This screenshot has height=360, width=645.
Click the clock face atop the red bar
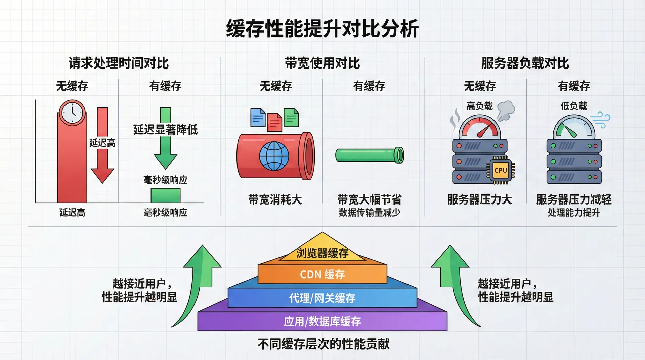(72, 113)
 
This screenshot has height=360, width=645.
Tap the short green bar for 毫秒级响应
(165, 195)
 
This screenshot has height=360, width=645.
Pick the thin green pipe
(370, 155)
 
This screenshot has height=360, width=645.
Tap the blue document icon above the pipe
(258, 117)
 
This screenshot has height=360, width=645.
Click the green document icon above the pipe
(291, 117)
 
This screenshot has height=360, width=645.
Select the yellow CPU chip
(501, 170)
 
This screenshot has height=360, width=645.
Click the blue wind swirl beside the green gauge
(601, 120)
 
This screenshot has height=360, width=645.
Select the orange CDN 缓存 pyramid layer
(322, 274)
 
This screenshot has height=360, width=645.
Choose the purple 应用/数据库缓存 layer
(322, 321)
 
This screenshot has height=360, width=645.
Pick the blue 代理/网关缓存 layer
(322, 298)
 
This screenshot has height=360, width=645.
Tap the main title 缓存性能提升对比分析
(322, 28)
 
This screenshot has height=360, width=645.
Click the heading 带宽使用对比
(322, 63)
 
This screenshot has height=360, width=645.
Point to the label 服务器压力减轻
(573, 199)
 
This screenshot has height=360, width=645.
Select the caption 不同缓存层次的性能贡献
(323, 344)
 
